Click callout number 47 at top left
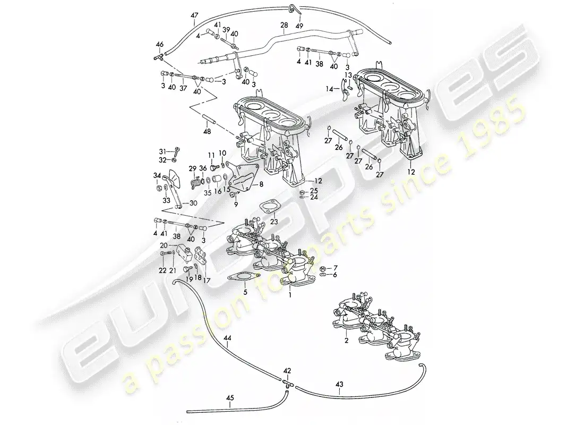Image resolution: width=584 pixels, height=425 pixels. coord(194,15)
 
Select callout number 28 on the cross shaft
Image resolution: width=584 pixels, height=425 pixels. coord(284,25)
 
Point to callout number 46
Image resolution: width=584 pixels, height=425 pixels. coord(160,45)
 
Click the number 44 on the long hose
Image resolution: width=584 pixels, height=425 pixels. coord(228,337)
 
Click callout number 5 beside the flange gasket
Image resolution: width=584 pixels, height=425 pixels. coord(245,292)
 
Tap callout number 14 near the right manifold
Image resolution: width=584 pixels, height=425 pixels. coord(329,89)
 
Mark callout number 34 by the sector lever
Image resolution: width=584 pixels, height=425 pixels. coord(157,175)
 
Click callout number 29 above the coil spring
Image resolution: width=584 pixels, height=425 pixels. coord(192,168)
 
